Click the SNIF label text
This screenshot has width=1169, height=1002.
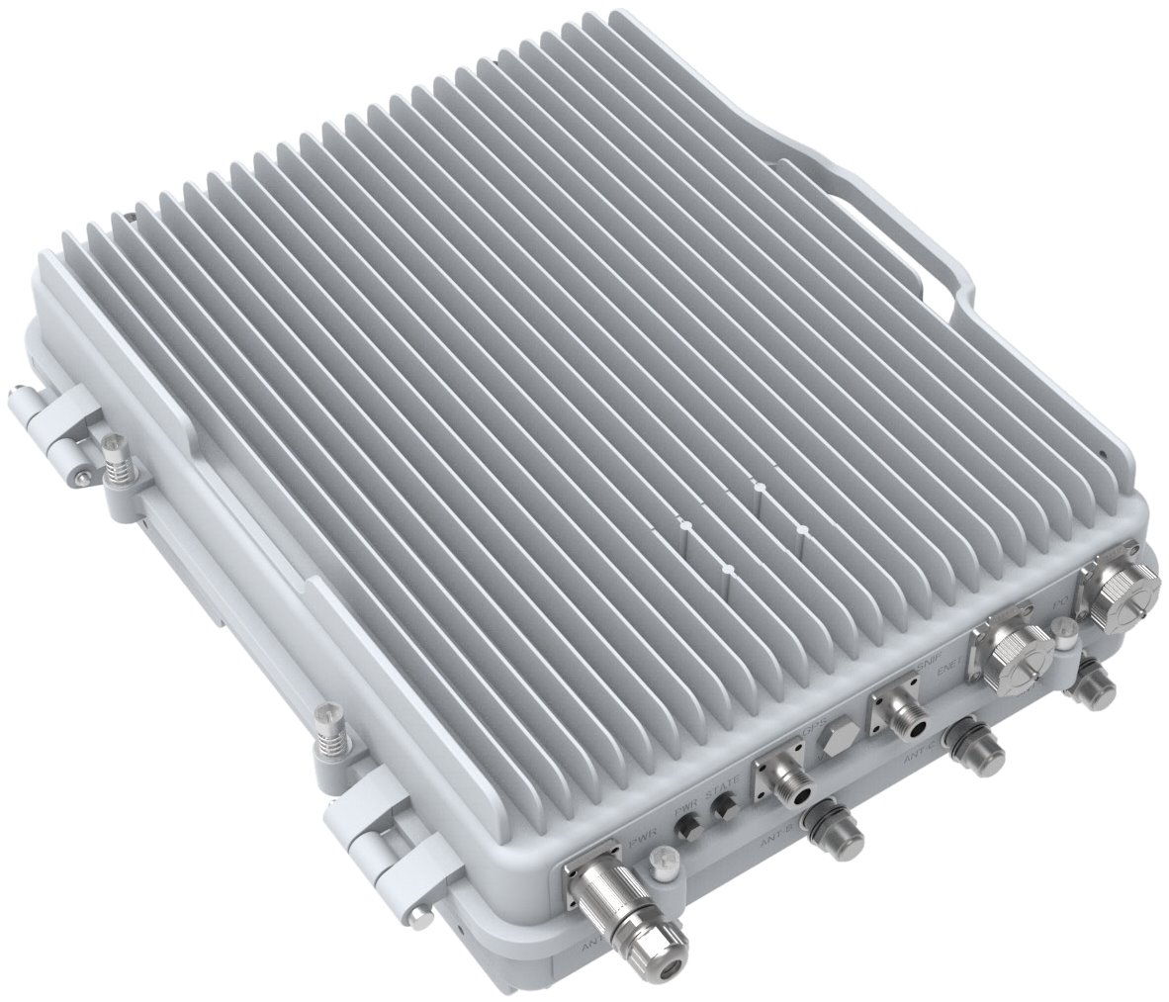point(928,671)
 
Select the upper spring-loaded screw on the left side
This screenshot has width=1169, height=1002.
point(118,455)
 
